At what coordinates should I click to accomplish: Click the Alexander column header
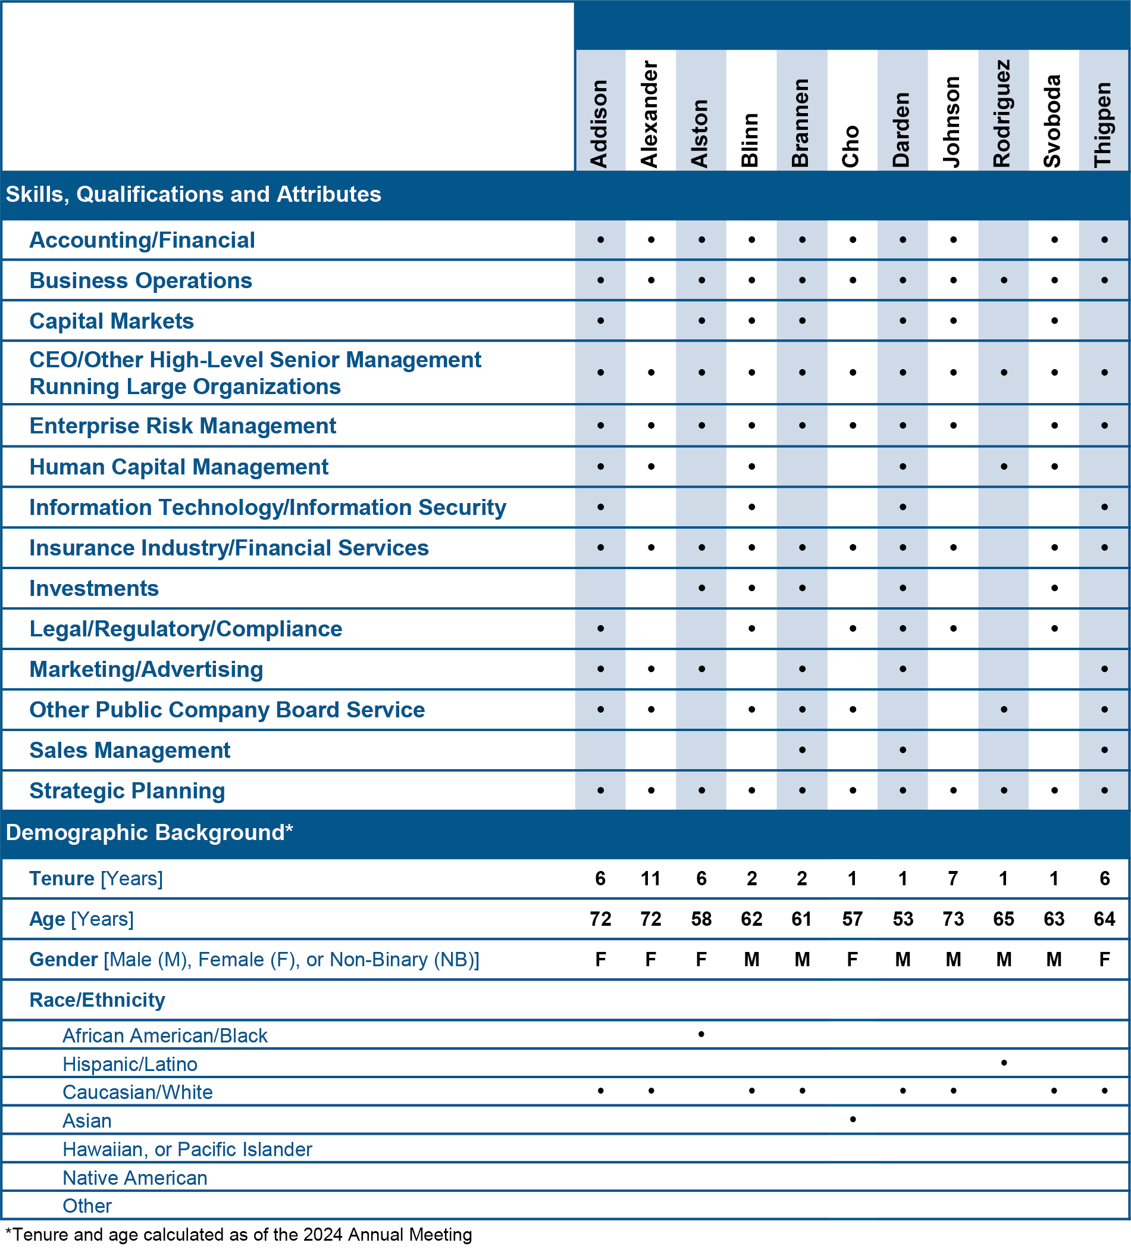pyautogui.click(x=649, y=114)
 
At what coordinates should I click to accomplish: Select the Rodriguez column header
pyautogui.click(x=1002, y=114)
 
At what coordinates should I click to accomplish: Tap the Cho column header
pyautogui.click(x=851, y=146)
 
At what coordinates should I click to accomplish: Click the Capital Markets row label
pyautogui.click(x=112, y=321)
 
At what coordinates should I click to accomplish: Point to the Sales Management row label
pyautogui.click(x=130, y=750)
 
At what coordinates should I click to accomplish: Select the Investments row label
pyautogui.click(x=95, y=588)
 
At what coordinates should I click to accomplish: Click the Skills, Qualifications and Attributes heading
pyautogui.click(x=193, y=195)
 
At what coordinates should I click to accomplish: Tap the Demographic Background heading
pyautogui.click(x=149, y=832)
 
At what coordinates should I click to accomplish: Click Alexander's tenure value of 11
pyautogui.click(x=650, y=878)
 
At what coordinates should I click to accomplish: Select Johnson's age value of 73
pyautogui.click(x=953, y=919)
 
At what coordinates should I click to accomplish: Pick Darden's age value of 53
pyautogui.click(x=903, y=919)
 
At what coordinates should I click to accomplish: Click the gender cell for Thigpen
pyautogui.click(x=1104, y=960)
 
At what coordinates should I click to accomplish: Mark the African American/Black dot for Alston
pyautogui.click(x=701, y=1034)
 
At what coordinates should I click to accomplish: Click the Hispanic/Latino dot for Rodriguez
pyautogui.click(x=1004, y=1063)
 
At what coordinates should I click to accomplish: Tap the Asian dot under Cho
pyautogui.click(x=853, y=1119)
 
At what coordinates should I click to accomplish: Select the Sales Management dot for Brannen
pyautogui.click(x=802, y=750)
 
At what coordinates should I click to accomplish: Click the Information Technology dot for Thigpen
pyautogui.click(x=1104, y=507)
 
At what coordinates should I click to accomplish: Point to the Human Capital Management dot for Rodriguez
pyautogui.click(x=1004, y=466)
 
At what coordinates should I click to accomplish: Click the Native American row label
pyautogui.click(x=134, y=1178)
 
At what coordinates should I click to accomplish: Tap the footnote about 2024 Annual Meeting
pyautogui.click(x=239, y=1235)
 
